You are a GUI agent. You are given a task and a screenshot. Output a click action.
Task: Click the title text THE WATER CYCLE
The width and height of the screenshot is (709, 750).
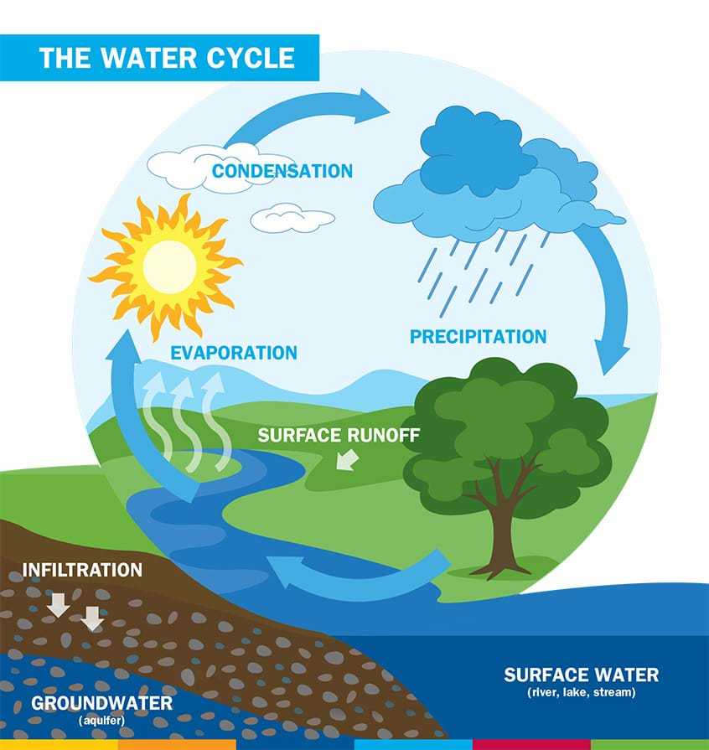[x=167, y=58]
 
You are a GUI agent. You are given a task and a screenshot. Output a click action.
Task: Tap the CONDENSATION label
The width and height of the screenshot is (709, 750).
[x=282, y=171]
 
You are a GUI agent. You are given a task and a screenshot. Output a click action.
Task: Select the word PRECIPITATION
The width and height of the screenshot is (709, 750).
[x=478, y=336]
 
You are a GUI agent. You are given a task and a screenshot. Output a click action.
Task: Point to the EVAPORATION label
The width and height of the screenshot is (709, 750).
[x=234, y=353]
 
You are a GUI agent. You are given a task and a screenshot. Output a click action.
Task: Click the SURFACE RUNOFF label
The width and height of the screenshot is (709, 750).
[x=339, y=435]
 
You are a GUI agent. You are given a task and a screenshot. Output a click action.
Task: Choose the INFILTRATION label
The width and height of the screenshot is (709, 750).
[x=82, y=570]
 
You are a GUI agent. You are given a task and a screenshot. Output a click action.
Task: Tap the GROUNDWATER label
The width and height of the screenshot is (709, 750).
[x=102, y=703]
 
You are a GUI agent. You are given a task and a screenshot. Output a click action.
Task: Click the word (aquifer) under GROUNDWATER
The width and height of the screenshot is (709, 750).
[x=101, y=721]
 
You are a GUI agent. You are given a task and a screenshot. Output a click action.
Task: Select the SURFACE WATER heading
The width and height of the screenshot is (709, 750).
[x=582, y=675]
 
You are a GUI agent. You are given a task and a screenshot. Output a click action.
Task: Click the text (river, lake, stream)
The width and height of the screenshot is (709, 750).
[x=582, y=692]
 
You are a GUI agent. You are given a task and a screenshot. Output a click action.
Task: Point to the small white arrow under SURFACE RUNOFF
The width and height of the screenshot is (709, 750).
[x=348, y=460]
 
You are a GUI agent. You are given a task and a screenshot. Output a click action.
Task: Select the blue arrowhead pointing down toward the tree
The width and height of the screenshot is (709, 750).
[x=612, y=356]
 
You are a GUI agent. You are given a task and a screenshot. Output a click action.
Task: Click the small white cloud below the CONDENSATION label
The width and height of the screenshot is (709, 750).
[x=292, y=218]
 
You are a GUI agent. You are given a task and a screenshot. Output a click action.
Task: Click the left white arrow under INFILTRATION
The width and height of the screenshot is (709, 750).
[x=59, y=605]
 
